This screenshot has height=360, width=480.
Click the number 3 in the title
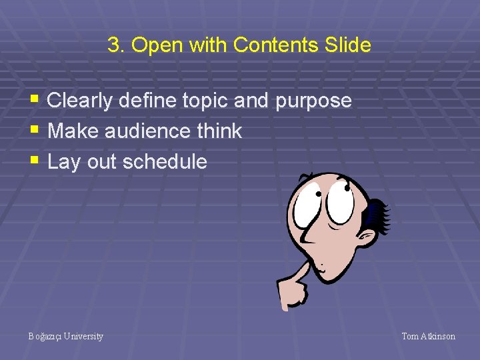click(113, 45)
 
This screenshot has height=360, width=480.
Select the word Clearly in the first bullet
click(79, 101)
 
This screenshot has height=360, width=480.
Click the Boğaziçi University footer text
click(66, 337)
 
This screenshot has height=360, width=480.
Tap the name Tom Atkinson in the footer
click(428, 337)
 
